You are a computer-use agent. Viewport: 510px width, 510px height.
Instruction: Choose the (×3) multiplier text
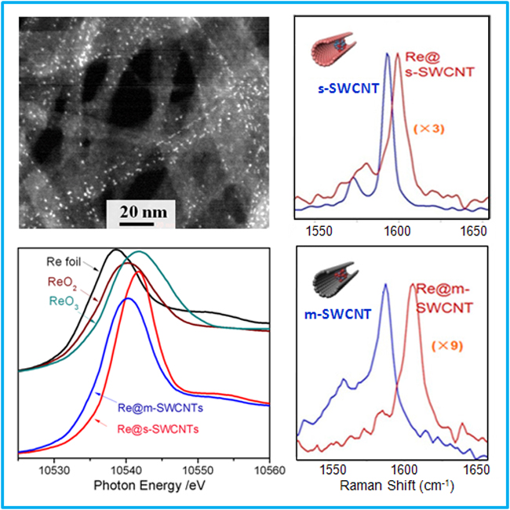click(x=428, y=129)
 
